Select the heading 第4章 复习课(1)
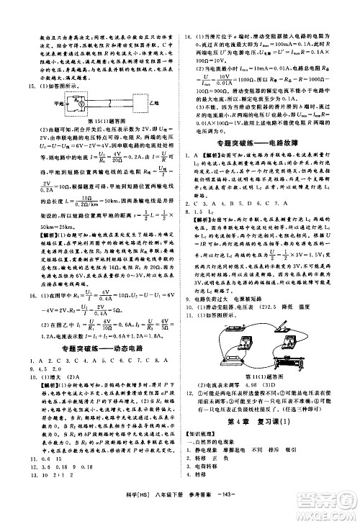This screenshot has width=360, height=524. tap(267, 421)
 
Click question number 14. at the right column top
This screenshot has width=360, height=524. tap(189, 35)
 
